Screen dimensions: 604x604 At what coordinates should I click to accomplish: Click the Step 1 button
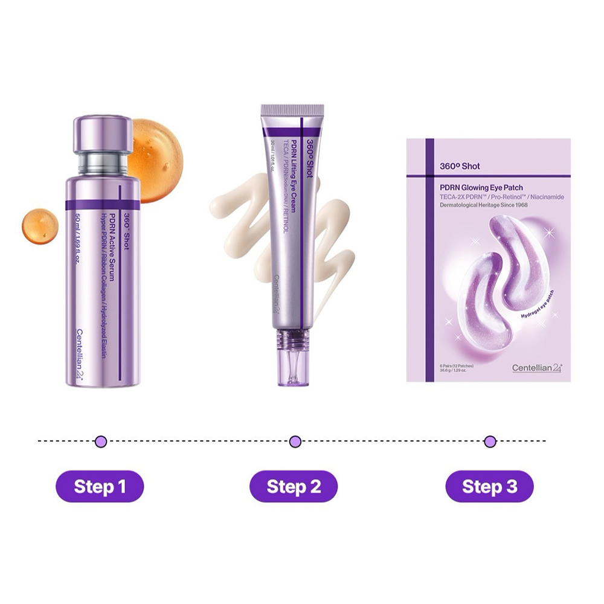pos(100,487)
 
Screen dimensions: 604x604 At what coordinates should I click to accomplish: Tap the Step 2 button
pos(294,487)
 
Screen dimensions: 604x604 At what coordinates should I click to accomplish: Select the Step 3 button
pos(490,487)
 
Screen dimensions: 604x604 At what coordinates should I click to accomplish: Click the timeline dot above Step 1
pos(101,441)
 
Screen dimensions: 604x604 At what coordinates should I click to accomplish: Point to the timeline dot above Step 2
pos(295,441)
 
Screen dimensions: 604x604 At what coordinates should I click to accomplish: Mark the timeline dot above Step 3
pos(490,441)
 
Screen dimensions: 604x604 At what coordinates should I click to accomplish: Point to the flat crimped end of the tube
pos(292,110)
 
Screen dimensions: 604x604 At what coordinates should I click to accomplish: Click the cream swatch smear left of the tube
pos(242,223)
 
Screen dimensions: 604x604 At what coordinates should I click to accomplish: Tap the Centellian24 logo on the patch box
pos(537,367)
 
